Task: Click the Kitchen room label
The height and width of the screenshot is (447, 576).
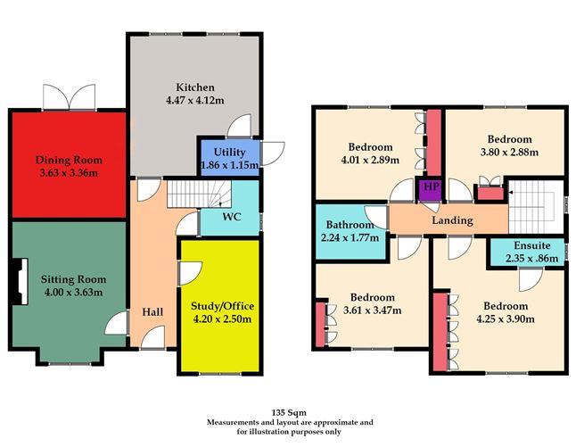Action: (x=194, y=87)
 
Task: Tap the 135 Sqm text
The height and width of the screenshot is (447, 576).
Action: (x=290, y=412)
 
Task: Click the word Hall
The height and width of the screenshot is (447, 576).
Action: (x=152, y=312)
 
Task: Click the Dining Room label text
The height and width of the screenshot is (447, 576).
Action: (x=69, y=159)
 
